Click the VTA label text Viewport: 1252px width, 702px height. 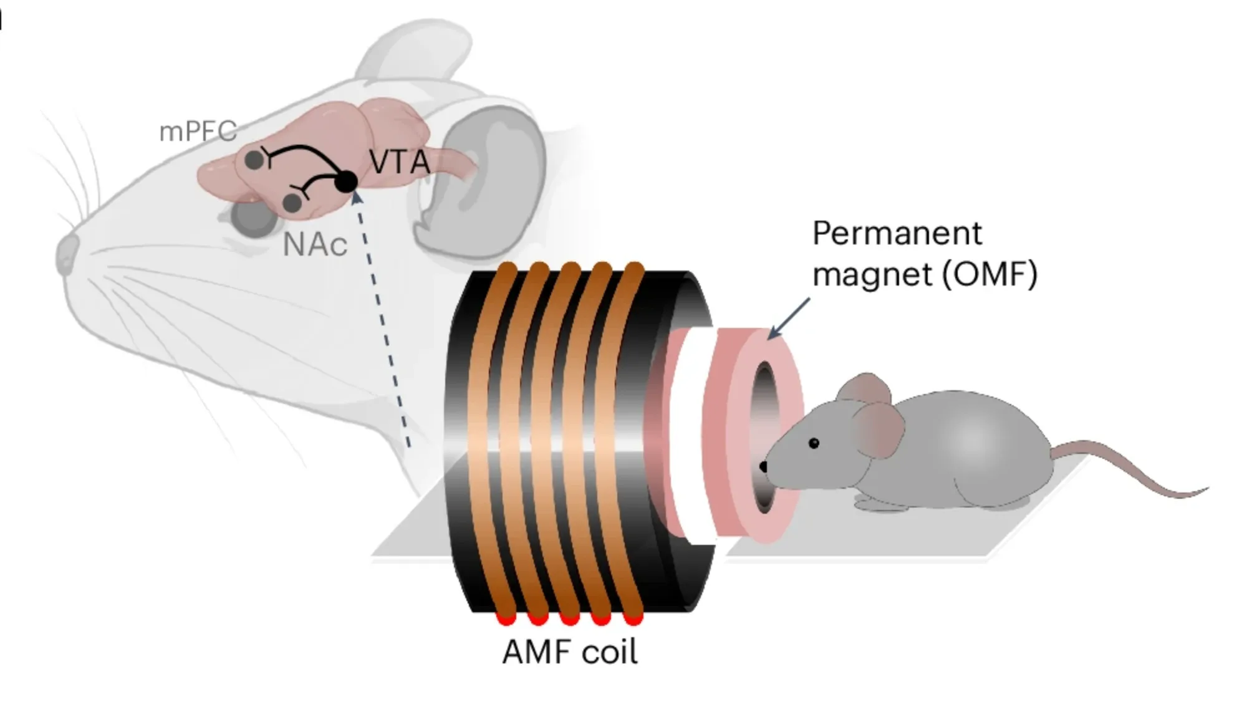click(400, 162)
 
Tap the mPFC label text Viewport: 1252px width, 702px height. click(198, 131)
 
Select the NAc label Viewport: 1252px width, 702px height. click(315, 244)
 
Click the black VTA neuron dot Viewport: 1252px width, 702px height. click(346, 181)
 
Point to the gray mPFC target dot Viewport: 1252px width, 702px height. click(254, 160)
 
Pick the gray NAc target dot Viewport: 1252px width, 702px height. click(292, 203)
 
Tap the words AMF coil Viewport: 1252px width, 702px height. click(569, 653)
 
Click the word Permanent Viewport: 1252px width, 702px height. click(897, 234)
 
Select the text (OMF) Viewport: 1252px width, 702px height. click(989, 274)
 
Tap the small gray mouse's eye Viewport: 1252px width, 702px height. click(814, 443)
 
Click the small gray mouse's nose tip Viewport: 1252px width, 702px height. click(763, 466)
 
